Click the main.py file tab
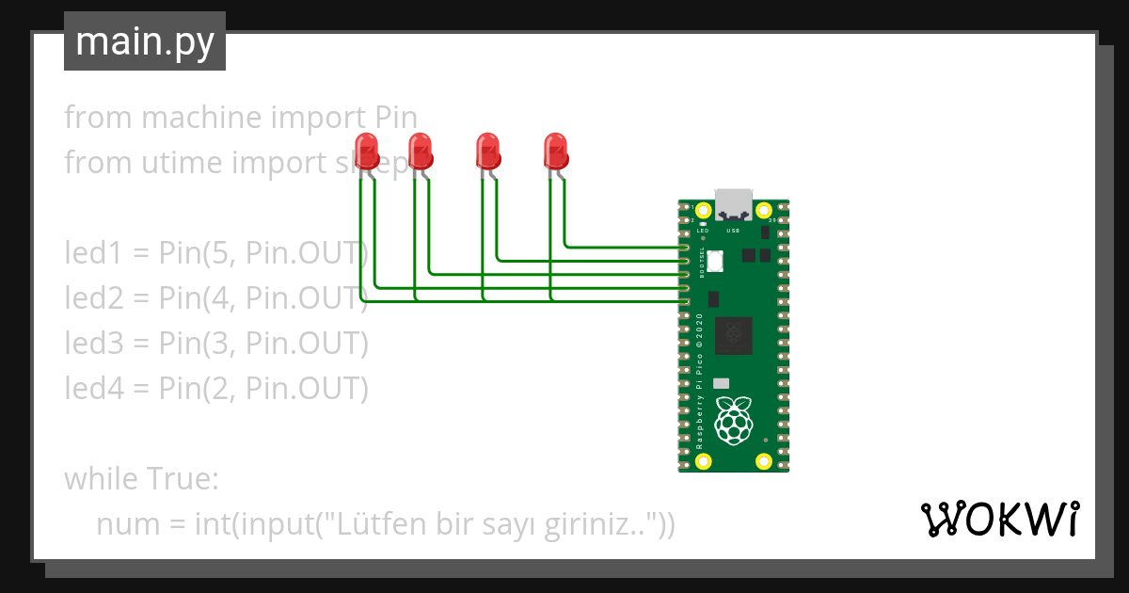coord(145,41)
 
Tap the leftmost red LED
coord(366,152)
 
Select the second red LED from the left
coord(419,152)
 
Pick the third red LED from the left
coord(486,152)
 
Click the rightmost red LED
coord(555,152)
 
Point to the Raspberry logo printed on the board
coord(734,420)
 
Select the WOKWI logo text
coord(998,519)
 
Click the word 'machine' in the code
coord(202,118)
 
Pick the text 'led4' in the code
coord(91,388)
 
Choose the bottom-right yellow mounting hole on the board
coord(764,461)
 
